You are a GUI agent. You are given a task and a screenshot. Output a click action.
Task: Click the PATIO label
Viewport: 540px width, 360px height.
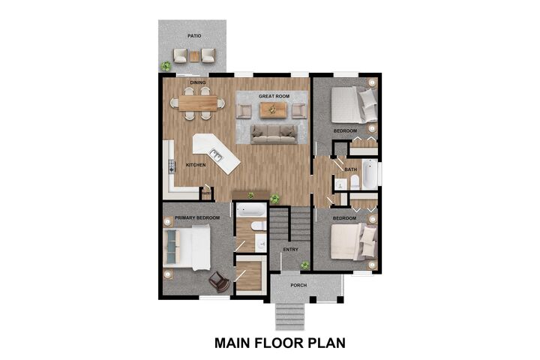pyautogui.click(x=194, y=35)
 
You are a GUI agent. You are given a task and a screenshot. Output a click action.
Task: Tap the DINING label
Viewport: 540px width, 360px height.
pyautogui.click(x=198, y=82)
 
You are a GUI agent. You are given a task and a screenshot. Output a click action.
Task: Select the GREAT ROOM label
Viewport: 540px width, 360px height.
pyautogui.click(x=273, y=97)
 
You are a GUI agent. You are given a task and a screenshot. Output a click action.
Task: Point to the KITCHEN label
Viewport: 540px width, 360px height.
pyautogui.click(x=196, y=165)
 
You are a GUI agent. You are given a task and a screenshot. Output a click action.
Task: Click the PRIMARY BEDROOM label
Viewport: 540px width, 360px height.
pyautogui.click(x=197, y=217)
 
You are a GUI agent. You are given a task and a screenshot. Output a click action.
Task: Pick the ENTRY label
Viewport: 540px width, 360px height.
pyautogui.click(x=290, y=250)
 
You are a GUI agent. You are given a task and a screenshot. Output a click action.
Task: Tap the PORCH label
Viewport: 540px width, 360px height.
pyautogui.click(x=299, y=285)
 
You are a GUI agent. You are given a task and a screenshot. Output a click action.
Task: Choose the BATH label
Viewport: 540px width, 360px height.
pyautogui.click(x=351, y=169)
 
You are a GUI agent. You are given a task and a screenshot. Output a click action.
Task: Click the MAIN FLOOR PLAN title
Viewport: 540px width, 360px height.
pyautogui.click(x=280, y=343)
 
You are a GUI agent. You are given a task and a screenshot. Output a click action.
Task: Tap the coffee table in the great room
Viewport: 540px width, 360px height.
pyautogui.click(x=273, y=110)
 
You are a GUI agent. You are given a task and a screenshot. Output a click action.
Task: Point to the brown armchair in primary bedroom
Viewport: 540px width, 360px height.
pyautogui.click(x=219, y=281)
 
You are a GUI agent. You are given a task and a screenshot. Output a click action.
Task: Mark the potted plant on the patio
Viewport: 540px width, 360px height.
pyautogui.click(x=166, y=66)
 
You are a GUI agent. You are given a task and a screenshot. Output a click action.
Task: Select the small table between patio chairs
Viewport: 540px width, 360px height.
pyautogui.click(x=195, y=55)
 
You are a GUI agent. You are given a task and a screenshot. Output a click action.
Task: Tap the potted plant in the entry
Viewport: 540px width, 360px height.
pyautogui.click(x=305, y=265)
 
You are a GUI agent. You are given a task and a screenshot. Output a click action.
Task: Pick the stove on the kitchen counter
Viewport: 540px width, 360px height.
pyautogui.click(x=170, y=165)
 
